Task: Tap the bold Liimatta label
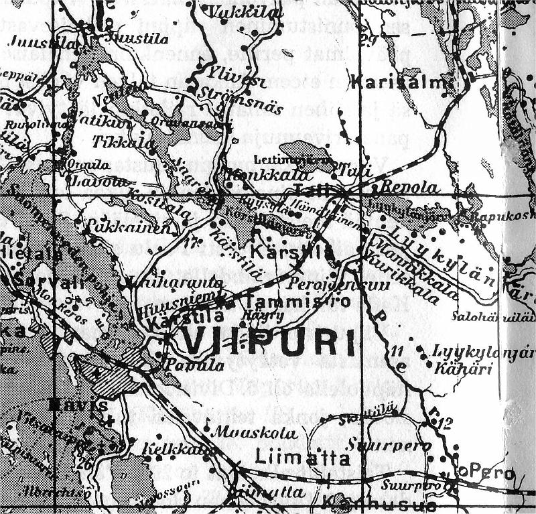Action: (x=302, y=458)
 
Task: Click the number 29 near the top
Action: (x=367, y=37)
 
